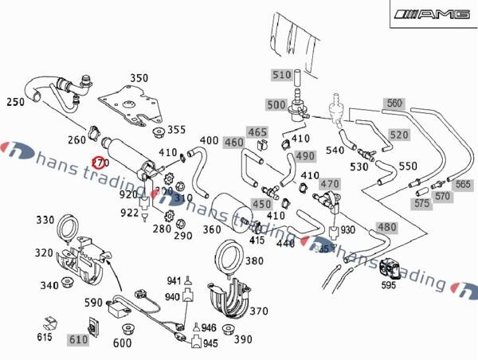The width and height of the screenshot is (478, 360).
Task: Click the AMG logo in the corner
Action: click(x=435, y=14)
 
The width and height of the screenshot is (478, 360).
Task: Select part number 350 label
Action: click(x=139, y=78)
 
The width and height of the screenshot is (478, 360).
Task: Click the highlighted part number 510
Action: click(x=282, y=76)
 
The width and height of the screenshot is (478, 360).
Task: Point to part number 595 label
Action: click(x=388, y=284)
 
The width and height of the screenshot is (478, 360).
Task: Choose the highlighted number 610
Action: click(x=77, y=340)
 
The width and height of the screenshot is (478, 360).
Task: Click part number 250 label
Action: click(x=15, y=103)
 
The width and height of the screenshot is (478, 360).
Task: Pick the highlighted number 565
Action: click(x=463, y=184)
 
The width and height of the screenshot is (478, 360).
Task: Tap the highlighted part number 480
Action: click(x=386, y=228)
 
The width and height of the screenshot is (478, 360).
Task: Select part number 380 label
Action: click(x=254, y=260)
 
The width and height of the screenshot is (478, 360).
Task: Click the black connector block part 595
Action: click(x=390, y=268)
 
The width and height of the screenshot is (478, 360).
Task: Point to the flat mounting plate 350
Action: click(x=132, y=104)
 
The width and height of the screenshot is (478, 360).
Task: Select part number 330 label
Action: click(x=45, y=220)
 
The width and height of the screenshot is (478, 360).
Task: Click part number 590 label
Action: click(x=94, y=303)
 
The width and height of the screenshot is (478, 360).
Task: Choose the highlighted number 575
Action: click(x=422, y=203)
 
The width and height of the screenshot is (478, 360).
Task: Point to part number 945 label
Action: click(x=210, y=343)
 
